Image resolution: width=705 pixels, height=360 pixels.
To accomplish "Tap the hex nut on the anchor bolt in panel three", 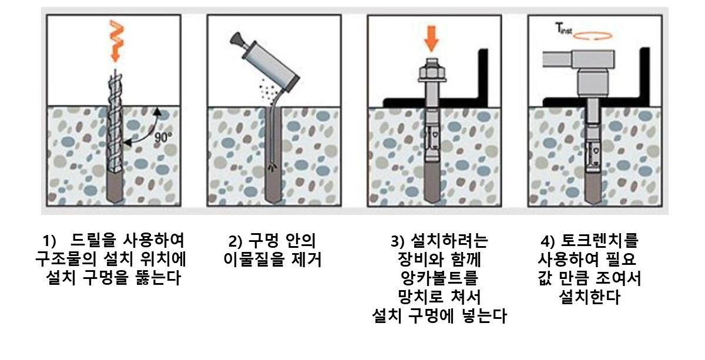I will point(432,73).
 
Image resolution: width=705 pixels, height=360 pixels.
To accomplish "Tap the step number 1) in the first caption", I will point(49,241).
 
